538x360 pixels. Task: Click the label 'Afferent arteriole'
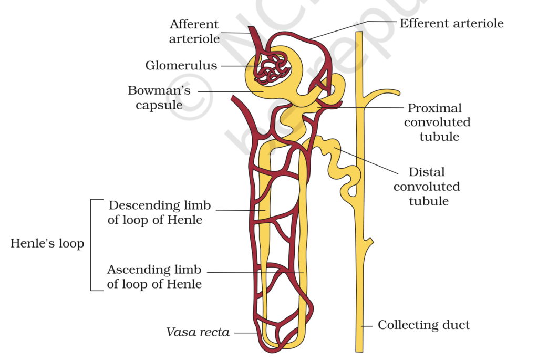(194, 32)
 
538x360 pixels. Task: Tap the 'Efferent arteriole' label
(451, 23)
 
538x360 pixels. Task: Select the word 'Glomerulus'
(181, 66)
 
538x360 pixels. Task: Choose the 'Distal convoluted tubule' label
(427, 187)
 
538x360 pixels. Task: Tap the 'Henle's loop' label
(47, 244)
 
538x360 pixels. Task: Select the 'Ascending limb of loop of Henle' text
(154, 277)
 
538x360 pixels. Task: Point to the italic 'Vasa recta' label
(198, 332)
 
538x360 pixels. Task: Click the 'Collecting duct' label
(424, 325)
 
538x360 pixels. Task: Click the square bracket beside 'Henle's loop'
(92, 244)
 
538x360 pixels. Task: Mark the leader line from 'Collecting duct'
(368, 325)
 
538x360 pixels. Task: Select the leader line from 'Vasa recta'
(245, 332)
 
